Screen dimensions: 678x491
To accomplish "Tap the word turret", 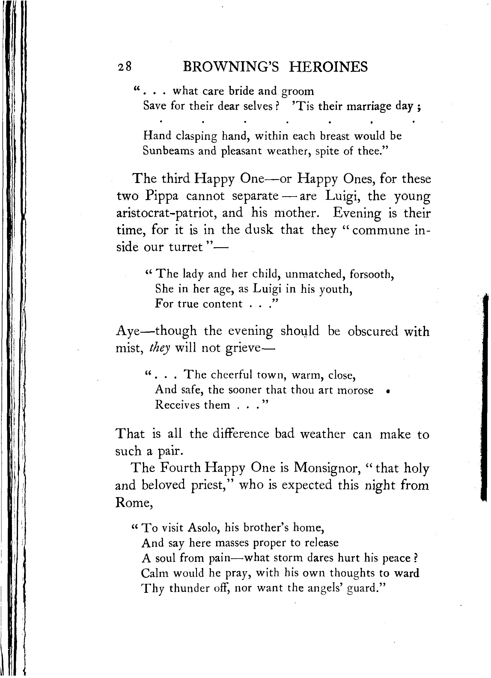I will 186,247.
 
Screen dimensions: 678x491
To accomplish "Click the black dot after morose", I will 388,391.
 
